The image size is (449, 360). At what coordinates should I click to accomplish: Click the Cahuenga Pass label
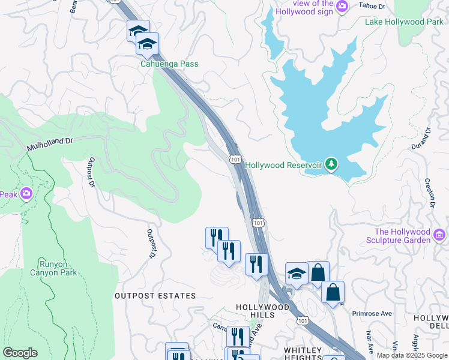[169, 64]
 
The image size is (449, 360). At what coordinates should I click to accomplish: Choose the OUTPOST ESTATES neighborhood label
[155, 296]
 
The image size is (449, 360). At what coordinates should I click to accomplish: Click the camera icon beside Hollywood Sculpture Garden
[439, 234]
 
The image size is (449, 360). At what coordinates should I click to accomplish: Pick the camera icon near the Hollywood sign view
[342, 6]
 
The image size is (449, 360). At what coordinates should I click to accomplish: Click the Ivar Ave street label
[369, 342]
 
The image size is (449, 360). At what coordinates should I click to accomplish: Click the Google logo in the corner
[20, 353]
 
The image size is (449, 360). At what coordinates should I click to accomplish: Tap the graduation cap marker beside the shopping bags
[297, 273]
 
